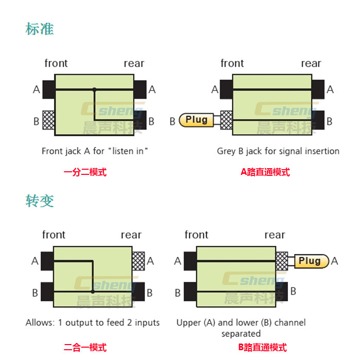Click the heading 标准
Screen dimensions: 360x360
[40, 28]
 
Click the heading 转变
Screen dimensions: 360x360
[40, 200]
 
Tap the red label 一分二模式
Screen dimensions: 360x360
[85, 172]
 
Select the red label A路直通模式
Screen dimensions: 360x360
[265, 172]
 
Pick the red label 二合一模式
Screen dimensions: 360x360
[85, 348]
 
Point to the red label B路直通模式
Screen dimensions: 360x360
[262, 348]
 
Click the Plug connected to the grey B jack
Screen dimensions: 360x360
[196, 120]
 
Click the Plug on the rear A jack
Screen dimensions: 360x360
[310, 261]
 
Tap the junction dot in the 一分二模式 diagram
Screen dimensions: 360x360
[94, 89]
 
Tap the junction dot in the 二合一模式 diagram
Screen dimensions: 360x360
[93, 292]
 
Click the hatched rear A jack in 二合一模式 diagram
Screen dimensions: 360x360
[138, 261]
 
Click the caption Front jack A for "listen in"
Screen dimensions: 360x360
[95, 151]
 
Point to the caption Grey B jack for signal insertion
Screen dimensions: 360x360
[278, 151]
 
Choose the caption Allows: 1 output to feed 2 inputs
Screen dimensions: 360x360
[93, 323]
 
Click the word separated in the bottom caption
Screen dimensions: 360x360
[241, 334]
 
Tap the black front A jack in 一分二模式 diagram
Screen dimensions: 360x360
[49, 89]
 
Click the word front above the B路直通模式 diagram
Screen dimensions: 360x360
[196, 235]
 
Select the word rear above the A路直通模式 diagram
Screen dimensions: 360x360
[311, 64]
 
